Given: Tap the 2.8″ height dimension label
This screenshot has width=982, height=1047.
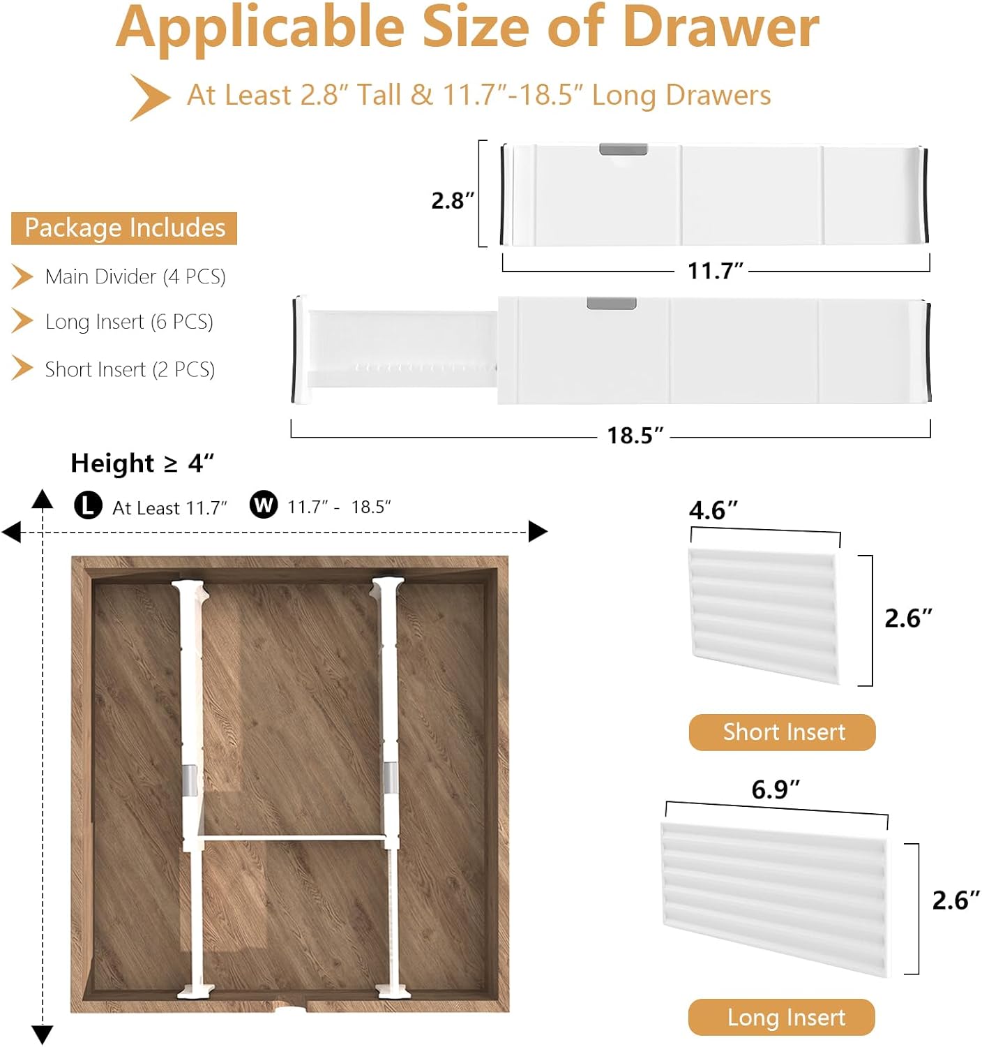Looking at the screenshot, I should pos(452,200).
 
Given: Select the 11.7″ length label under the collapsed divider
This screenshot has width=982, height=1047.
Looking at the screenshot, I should pos(715,270).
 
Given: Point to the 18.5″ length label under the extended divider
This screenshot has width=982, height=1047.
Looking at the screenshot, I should pos(634,436).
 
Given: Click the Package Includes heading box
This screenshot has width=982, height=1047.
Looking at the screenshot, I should pos(124,228).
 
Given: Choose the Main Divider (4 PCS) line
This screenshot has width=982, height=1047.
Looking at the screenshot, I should pos(135,276).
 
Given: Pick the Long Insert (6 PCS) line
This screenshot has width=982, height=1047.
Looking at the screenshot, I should pos(128,322).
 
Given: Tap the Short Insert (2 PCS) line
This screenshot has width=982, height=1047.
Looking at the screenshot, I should pos(129,369).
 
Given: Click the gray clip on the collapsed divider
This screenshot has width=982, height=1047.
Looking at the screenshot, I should pos(623,149).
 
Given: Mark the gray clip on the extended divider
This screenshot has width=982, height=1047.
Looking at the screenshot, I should pos(611,303).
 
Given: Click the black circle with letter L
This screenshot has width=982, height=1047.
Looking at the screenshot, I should pos(88,505).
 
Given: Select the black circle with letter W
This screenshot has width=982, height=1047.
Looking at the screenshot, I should pos(264,504).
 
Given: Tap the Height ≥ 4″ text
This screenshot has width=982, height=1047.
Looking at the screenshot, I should pos(142,463).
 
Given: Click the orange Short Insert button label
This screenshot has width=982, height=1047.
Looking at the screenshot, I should pos(783,732).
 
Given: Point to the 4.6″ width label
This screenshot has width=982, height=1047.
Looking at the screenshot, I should pos(713,510).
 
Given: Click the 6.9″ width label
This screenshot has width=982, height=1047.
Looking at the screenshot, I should pos(774,789).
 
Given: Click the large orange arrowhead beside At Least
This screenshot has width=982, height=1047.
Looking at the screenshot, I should pos(149,97).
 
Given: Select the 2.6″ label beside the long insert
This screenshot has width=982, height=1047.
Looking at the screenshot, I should pos(955,900).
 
